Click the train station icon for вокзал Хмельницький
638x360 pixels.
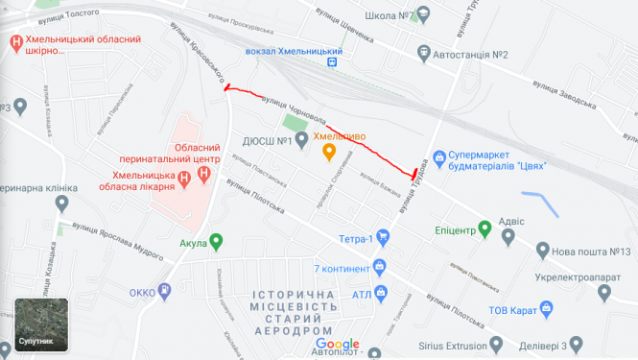tap(333, 62)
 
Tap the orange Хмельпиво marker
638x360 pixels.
tap(327, 152)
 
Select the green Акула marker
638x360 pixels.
tap(216, 242)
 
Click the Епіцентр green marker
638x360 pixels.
tap(485, 228)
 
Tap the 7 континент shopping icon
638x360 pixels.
tap(380, 266)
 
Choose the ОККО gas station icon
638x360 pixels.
tap(165, 290)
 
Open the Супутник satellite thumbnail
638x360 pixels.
tap(41, 324)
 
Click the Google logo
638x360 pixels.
tap(337, 344)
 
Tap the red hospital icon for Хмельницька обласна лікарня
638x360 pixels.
tap(202, 174)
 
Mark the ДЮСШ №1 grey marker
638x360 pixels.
tap(301, 141)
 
